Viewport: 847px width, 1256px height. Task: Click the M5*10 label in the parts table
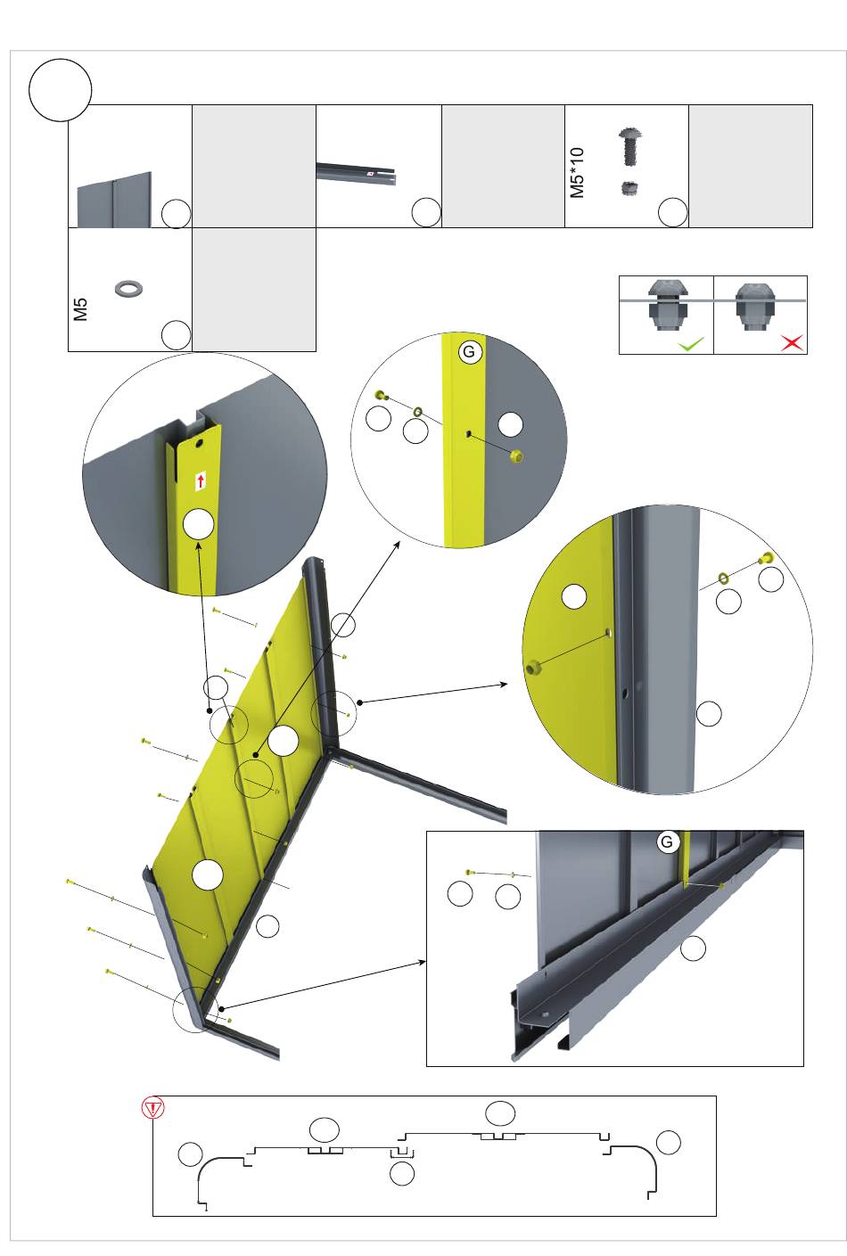(x=577, y=173)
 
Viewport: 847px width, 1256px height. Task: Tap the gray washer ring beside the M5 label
(x=128, y=288)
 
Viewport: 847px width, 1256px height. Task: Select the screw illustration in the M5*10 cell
(x=630, y=147)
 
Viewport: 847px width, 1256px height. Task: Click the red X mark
(x=792, y=342)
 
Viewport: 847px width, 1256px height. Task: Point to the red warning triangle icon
(x=153, y=1108)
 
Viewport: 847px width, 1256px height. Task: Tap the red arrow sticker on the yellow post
(x=201, y=481)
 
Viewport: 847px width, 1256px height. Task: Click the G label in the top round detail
(x=470, y=352)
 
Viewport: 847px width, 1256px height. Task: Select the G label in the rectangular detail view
(x=667, y=841)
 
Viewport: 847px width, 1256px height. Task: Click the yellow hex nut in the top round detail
(x=515, y=456)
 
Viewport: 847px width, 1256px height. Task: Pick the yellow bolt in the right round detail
(x=766, y=557)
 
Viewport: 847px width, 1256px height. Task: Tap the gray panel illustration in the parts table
(x=114, y=200)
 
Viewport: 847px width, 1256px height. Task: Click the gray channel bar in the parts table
(x=357, y=172)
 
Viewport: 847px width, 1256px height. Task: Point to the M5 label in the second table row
(x=81, y=309)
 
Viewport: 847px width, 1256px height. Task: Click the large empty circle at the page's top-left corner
(x=60, y=90)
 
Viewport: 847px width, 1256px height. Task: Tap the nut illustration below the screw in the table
(x=629, y=188)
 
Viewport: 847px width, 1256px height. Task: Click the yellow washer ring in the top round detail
(x=418, y=412)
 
